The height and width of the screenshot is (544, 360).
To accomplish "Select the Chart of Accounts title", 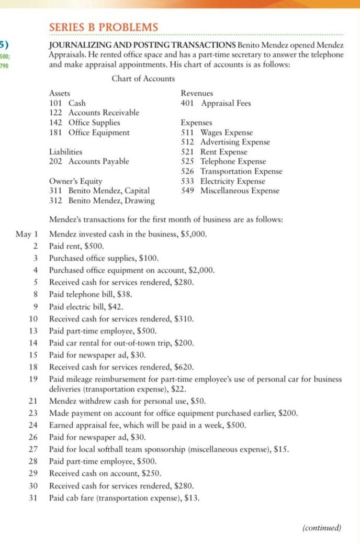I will pos(143,79).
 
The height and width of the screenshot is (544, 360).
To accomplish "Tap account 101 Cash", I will pos(67,103).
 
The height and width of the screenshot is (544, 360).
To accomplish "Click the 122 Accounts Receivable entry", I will pos(94,113).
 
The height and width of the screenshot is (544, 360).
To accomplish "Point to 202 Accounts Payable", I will pos(88,161).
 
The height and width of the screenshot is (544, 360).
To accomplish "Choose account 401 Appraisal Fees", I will pos(216,103).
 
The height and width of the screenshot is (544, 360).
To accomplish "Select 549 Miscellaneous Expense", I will pos(230,191).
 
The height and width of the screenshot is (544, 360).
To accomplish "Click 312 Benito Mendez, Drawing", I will pos(102,201).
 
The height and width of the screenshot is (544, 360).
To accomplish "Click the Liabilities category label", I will pos(65,152).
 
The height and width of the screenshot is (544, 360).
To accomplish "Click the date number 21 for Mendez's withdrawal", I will pos(33,402).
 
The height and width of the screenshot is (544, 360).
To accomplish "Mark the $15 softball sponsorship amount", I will pos(284,450).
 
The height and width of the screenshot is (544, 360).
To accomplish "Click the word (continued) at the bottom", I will pos(322,527).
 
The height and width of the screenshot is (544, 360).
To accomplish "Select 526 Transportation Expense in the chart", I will pos(231,171).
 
